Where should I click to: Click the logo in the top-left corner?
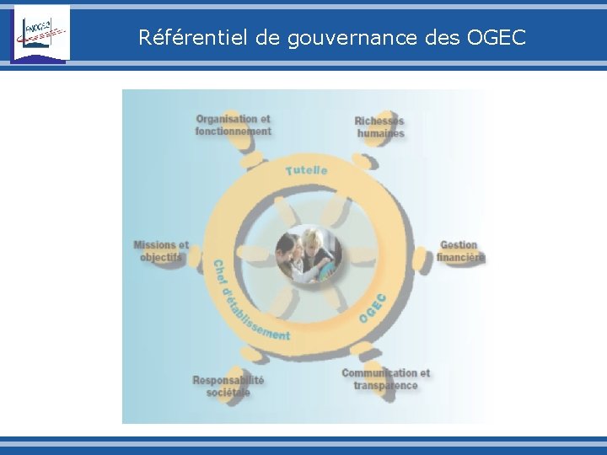[x=40, y=33]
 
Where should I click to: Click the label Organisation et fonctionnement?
[x=234, y=125]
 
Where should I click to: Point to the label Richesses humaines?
[x=379, y=127]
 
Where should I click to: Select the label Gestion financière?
[x=460, y=251]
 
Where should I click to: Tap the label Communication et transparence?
[x=385, y=379]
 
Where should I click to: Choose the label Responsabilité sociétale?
[x=228, y=386]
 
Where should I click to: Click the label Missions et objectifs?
[x=161, y=251]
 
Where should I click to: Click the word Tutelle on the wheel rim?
[x=307, y=170]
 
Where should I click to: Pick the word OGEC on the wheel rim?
[x=373, y=308]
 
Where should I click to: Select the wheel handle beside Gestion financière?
[x=421, y=253]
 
